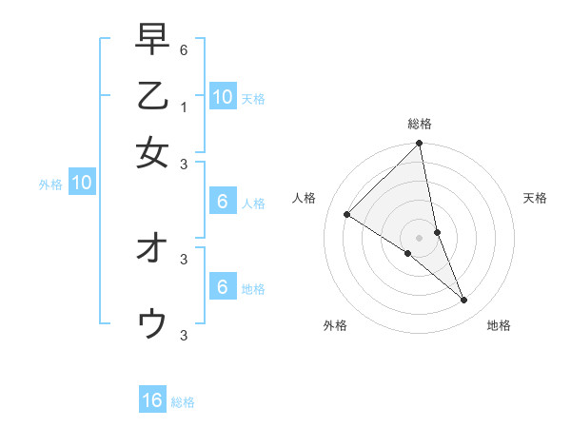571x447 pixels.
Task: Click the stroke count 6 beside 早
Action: click(x=184, y=49)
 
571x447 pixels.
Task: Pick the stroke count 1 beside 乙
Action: click(x=184, y=107)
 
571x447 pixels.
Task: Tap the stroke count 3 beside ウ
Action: click(x=184, y=334)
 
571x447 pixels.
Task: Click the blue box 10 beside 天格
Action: click(x=222, y=97)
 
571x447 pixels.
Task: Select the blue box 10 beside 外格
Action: click(x=82, y=184)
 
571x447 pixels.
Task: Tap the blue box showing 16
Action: click(x=152, y=400)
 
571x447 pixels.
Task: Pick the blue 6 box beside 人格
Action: click(x=222, y=202)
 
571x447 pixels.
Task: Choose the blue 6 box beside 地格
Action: click(x=222, y=287)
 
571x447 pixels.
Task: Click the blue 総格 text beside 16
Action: click(x=183, y=402)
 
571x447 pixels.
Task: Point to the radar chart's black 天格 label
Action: click(x=535, y=198)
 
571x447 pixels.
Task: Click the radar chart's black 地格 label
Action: click(x=499, y=325)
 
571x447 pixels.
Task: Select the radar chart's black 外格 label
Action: click(x=335, y=325)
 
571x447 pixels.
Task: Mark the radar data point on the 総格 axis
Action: click(x=419, y=145)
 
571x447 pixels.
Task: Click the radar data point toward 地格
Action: click(x=464, y=301)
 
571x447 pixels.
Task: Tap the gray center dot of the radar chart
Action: click(x=419, y=237)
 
